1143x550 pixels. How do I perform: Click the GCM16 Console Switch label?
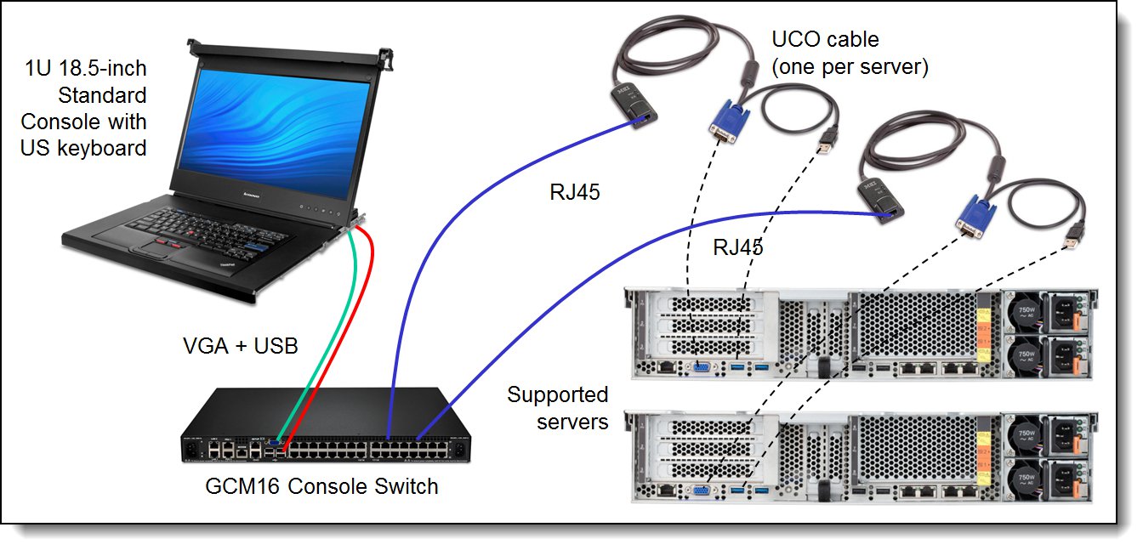pyautogui.click(x=321, y=486)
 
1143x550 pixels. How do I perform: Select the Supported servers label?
pyautogui.click(x=558, y=407)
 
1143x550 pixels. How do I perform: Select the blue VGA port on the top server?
pyautogui.click(x=702, y=367)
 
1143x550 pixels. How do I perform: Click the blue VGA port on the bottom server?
pyautogui.click(x=702, y=489)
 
